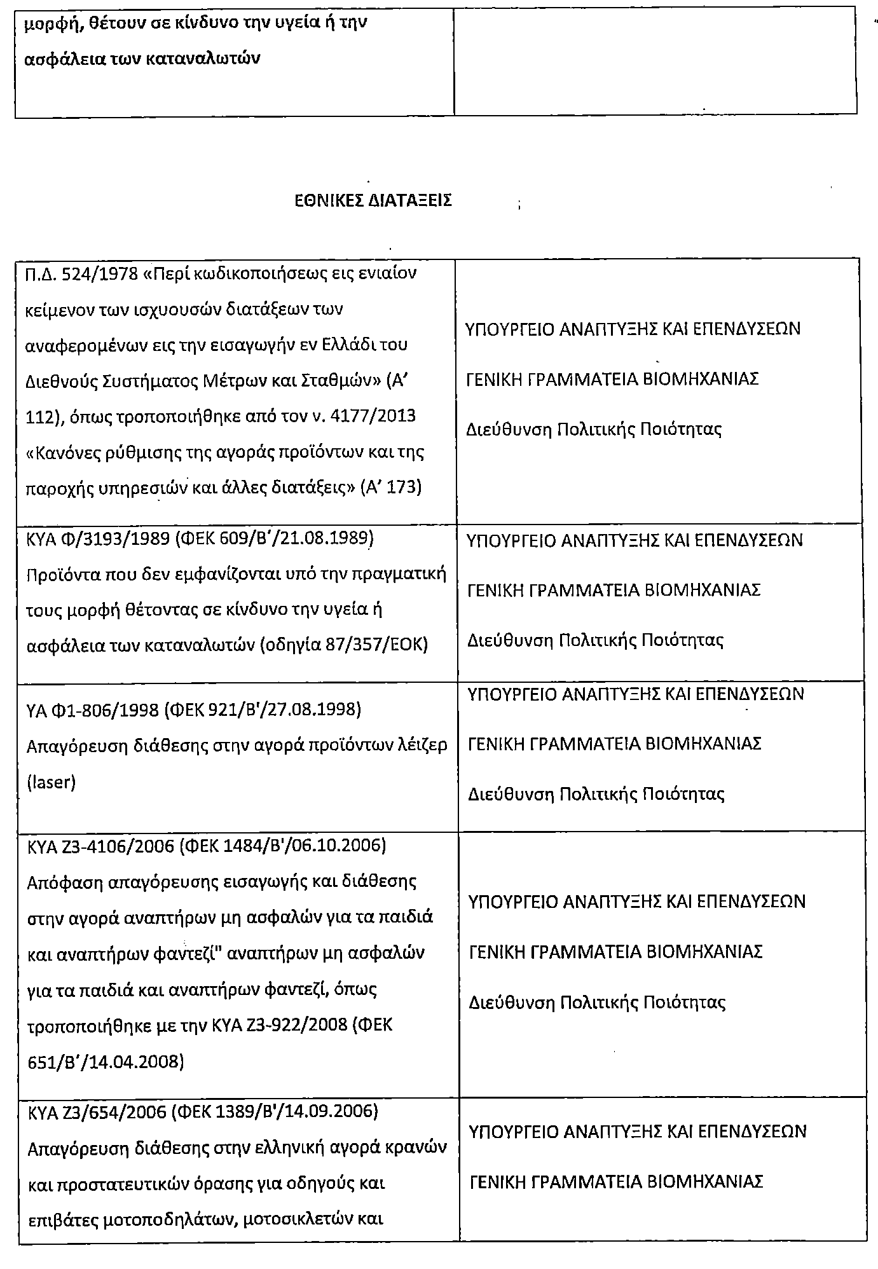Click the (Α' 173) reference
pos(391,488)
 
